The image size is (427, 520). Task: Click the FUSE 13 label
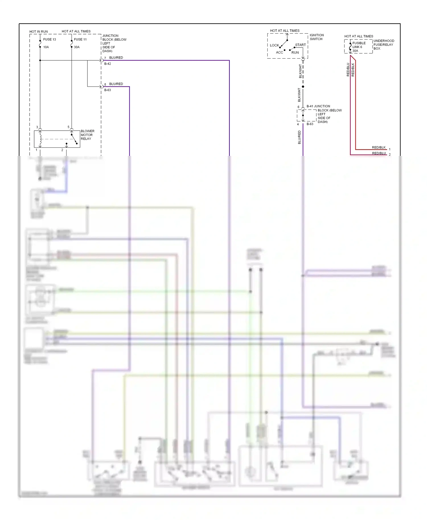(x=50, y=40)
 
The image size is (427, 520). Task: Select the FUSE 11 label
(x=80, y=40)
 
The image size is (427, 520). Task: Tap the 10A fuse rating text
(x=46, y=47)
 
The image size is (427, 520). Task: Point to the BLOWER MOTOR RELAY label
(x=87, y=135)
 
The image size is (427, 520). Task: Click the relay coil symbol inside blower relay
(x=40, y=139)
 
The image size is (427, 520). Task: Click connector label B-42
(x=108, y=64)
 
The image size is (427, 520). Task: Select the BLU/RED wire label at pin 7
(x=116, y=58)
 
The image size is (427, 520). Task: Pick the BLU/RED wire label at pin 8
(x=116, y=84)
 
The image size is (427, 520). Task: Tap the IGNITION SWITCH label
(x=317, y=37)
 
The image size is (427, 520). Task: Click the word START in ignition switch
(x=300, y=45)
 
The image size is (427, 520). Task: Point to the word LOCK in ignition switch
(x=274, y=45)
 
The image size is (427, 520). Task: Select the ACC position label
(x=279, y=52)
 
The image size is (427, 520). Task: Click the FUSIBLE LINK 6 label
(x=359, y=45)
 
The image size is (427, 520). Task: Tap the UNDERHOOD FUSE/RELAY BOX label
(x=383, y=45)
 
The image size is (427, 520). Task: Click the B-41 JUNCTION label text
(x=318, y=106)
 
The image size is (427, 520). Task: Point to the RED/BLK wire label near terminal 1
(x=379, y=147)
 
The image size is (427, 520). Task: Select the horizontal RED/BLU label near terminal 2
(x=379, y=153)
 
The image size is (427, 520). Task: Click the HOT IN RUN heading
(x=38, y=32)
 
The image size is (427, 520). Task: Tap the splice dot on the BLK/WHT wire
(x=303, y=86)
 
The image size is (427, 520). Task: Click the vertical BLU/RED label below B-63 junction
(x=299, y=137)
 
